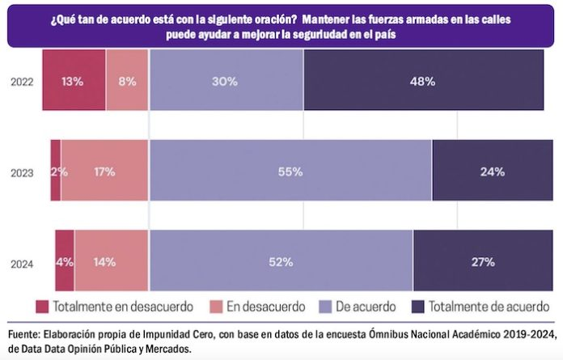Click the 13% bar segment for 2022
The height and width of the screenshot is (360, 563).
[73, 81]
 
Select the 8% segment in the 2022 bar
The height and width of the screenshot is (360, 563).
[127, 81]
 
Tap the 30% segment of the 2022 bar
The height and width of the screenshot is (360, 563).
[226, 81]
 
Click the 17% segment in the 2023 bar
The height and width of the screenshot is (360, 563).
[104, 171]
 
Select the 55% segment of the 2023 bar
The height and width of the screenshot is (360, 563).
[290, 171]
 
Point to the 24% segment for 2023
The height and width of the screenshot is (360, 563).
[488, 171]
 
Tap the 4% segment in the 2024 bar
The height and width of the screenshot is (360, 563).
[65, 261]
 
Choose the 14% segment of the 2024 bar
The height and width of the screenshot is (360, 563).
[111, 261]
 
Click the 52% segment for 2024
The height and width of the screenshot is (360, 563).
[280, 261]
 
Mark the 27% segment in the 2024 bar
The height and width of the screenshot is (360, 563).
[478, 261]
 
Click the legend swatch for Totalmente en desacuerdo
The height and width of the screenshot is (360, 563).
[42, 307]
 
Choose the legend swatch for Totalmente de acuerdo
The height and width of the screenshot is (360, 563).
[419, 307]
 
